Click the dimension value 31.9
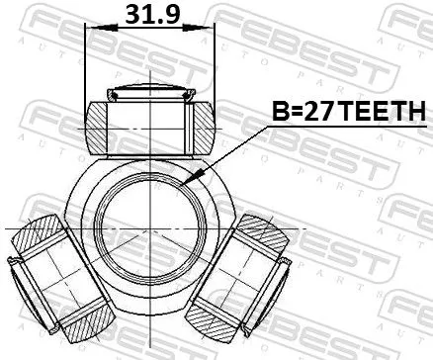click(149, 14)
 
